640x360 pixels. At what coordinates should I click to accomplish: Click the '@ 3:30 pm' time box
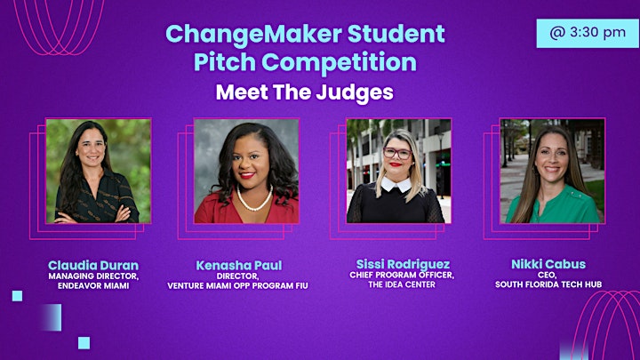[588, 33]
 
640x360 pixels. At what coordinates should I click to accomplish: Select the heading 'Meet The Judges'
[305, 92]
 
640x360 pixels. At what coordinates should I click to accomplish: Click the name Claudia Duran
[93, 265]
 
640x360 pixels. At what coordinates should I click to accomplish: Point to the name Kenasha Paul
[239, 265]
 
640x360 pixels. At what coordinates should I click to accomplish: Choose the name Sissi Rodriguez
[403, 264]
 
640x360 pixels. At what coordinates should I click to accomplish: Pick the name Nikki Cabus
[548, 264]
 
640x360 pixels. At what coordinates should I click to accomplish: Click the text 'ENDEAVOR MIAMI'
[93, 285]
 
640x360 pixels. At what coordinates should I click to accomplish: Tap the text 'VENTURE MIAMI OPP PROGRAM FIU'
[237, 285]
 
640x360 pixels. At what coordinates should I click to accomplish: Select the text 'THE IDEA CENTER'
[402, 284]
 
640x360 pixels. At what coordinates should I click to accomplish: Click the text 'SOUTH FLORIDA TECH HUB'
[548, 284]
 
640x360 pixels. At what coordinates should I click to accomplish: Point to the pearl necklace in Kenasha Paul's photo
[254, 200]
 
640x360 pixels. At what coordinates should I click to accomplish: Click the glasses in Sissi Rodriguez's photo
[397, 154]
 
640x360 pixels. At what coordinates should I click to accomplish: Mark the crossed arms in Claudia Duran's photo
[96, 215]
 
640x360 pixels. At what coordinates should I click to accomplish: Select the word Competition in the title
[340, 62]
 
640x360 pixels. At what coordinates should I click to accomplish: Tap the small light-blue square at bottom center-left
[84, 343]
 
